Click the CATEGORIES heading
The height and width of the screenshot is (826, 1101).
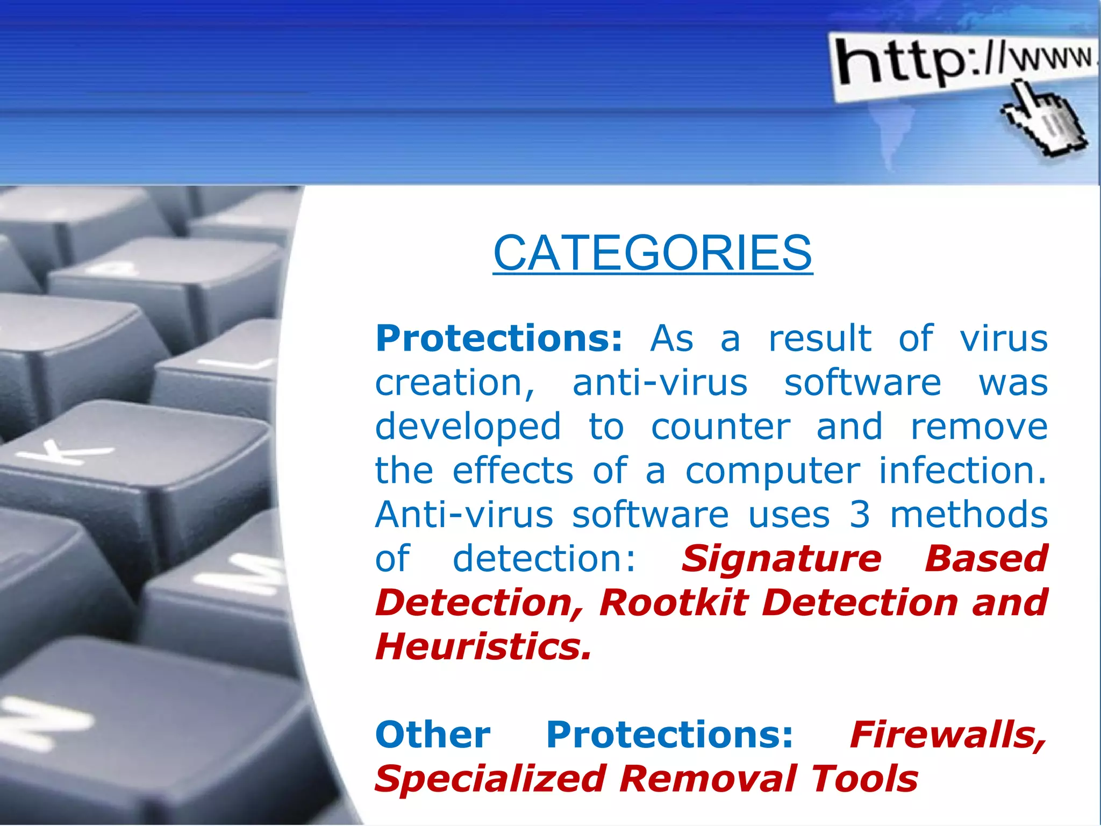click(653, 253)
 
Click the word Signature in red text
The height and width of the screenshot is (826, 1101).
click(782, 559)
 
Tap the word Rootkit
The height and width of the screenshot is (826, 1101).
click(674, 603)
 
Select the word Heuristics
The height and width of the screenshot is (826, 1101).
click(483, 646)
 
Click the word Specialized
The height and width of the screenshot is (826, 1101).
click(490, 779)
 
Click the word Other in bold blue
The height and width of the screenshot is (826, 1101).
click(433, 735)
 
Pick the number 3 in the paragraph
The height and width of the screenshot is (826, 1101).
click(860, 515)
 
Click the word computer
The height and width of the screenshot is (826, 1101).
click(773, 472)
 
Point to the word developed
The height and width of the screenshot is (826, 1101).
click(468, 428)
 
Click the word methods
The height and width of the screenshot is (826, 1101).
click(969, 515)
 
